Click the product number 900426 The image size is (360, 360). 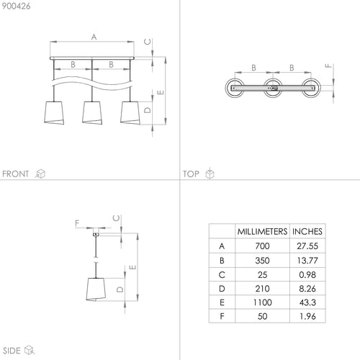point(16,6)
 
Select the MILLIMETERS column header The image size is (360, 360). point(262,231)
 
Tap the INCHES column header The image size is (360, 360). point(307,231)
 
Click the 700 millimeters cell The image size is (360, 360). point(262,246)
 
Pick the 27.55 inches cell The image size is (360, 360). point(307,246)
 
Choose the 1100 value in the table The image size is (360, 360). point(262,302)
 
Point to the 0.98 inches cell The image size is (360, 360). point(307,275)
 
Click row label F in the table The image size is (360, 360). point(222,316)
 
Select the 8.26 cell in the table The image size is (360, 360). point(307,289)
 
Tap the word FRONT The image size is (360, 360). point(15,174)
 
